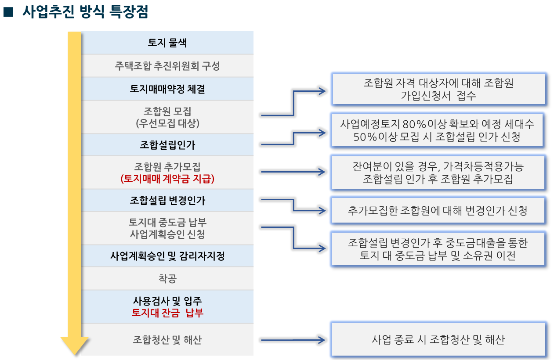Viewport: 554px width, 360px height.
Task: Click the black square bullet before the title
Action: coord(8,12)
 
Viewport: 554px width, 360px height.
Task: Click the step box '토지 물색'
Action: coord(167,43)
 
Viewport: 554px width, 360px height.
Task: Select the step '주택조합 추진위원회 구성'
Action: coord(167,66)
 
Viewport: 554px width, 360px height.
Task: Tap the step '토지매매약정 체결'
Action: coord(167,89)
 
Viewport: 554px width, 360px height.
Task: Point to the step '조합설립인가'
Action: coord(167,145)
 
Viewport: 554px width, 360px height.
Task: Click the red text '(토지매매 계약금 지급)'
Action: coord(167,179)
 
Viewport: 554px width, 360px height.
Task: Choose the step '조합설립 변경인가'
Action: coord(167,200)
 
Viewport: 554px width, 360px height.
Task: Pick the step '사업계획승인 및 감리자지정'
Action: coord(167,256)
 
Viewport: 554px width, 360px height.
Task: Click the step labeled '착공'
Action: coord(167,278)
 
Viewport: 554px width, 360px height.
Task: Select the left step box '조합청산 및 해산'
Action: coord(167,340)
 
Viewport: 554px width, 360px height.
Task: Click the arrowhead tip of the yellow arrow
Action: coord(74,355)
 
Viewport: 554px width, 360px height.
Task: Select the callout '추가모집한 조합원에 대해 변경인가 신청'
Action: coord(438,211)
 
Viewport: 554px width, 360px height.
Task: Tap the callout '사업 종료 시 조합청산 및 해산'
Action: coord(438,339)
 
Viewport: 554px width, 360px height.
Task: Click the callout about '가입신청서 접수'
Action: coord(439,89)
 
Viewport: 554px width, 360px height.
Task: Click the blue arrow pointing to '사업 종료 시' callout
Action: coord(293,340)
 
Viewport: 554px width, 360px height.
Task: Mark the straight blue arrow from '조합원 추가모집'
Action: coord(293,172)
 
